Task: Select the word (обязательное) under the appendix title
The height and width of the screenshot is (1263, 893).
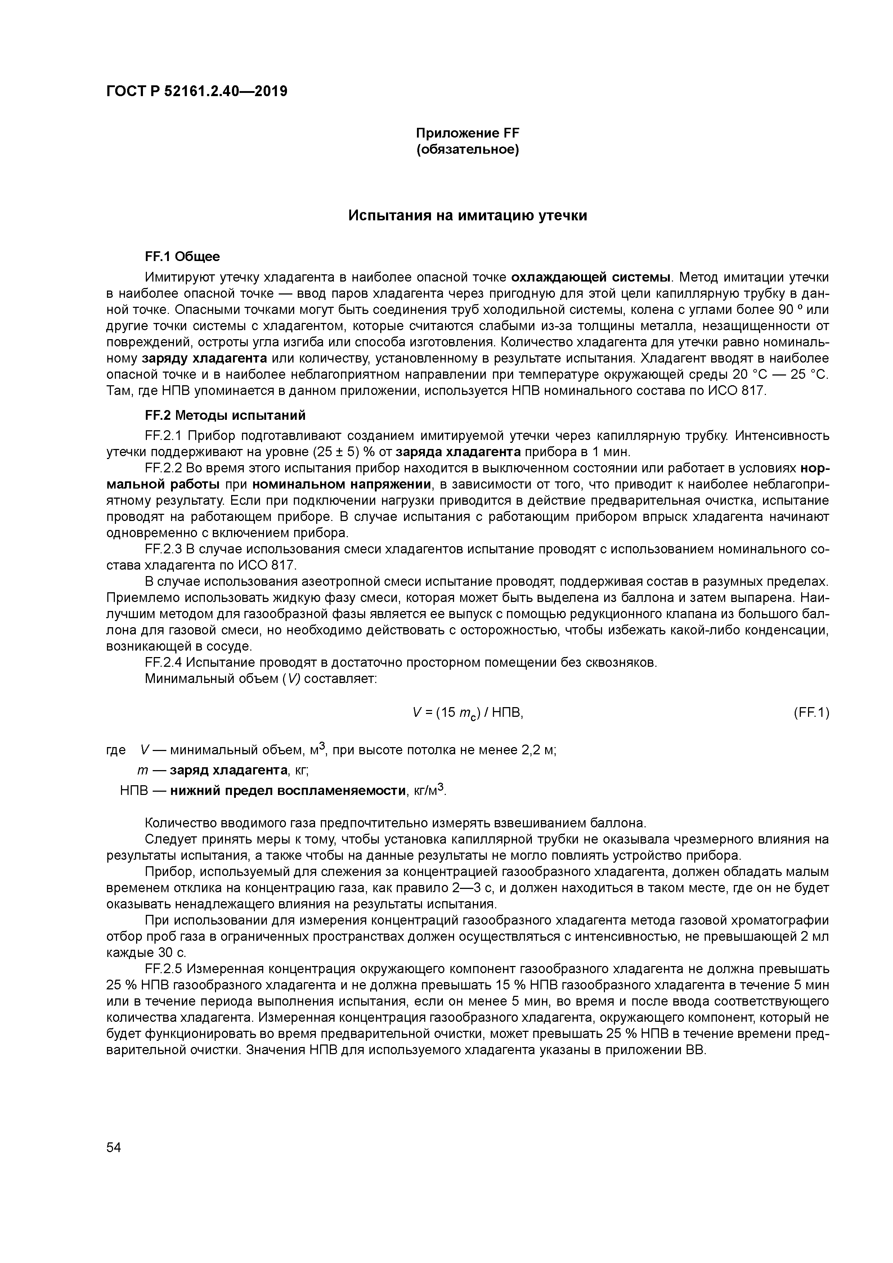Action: pos(467,150)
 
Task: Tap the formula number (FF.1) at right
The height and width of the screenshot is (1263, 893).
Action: pos(811,713)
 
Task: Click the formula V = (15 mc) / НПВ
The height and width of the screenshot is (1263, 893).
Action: pos(467,713)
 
